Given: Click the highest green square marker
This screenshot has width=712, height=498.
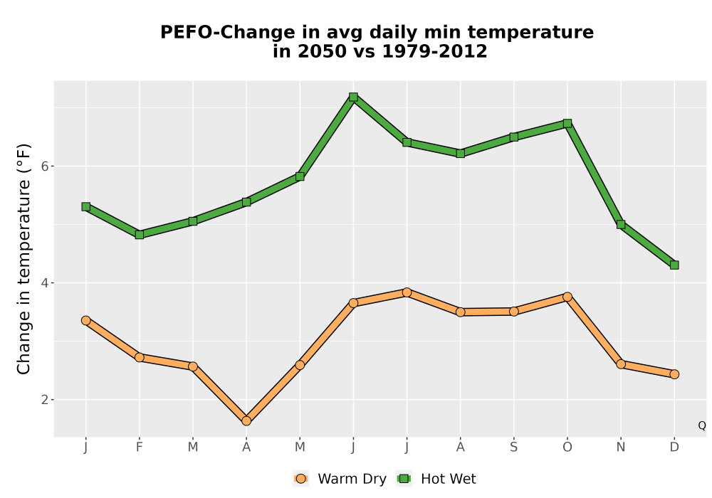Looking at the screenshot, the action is [x=353, y=97].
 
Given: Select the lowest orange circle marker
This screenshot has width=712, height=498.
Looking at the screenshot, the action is [x=246, y=420].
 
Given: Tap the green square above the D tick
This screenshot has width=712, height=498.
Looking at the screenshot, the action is [x=674, y=265].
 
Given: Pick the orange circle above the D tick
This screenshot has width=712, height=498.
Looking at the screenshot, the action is [x=674, y=374].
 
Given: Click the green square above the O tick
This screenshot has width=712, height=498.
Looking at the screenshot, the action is [x=567, y=123].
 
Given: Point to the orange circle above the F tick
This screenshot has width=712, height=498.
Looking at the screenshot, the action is [x=140, y=357].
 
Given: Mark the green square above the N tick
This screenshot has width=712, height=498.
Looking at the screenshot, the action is [x=621, y=224].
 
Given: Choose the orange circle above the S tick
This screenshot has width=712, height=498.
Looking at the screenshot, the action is [x=513, y=311].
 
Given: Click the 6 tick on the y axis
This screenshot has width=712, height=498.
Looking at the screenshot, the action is [x=44, y=166].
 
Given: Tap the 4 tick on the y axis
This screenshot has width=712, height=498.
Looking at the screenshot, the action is [x=44, y=283].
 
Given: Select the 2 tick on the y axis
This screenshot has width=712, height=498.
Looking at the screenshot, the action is [x=44, y=400].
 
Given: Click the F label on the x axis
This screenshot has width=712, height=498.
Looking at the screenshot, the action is [x=140, y=447].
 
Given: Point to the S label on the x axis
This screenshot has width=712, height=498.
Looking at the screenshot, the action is [x=513, y=447].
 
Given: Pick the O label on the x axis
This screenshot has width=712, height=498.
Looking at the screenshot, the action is [x=567, y=447].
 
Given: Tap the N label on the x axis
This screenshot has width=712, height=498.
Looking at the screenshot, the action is [x=621, y=447].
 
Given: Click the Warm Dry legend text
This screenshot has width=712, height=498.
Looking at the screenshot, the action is [x=352, y=479].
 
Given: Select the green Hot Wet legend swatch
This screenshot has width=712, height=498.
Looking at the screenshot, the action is [x=404, y=479].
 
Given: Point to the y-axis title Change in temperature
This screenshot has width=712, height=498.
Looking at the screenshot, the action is [x=23, y=259].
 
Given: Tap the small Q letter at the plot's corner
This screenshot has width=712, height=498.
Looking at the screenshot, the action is [x=702, y=425].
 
